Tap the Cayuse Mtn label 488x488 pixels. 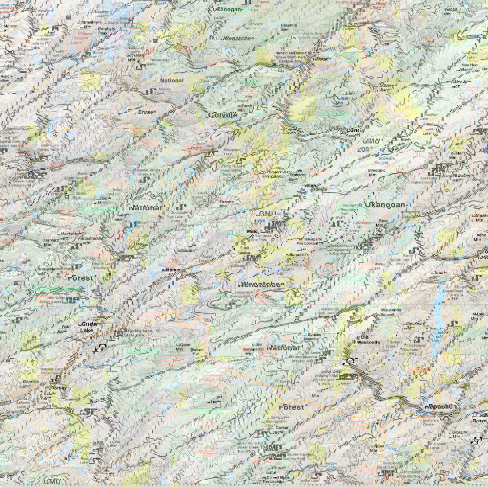point(183,347)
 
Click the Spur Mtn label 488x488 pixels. point(386,223)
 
